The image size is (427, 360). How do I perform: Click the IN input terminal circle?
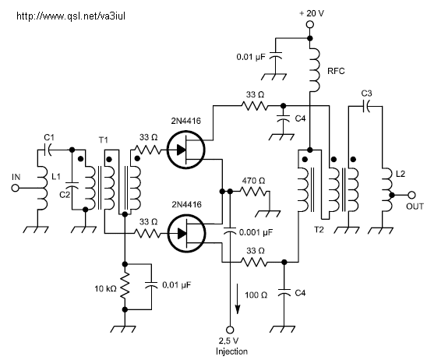[x=16, y=188]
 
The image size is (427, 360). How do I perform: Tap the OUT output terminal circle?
[x=411, y=196]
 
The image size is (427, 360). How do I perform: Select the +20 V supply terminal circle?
[x=310, y=24]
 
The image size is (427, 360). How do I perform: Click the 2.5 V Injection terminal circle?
[x=230, y=330]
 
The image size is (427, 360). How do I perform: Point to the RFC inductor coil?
[x=314, y=70]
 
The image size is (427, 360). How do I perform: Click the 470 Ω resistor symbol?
[x=254, y=192]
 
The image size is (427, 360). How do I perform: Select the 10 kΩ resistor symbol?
[x=125, y=287]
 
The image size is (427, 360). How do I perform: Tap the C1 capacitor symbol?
[x=48, y=150]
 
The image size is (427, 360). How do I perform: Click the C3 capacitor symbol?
[x=366, y=106]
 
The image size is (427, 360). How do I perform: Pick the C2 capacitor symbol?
[x=72, y=185]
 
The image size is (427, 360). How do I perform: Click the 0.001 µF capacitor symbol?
[x=230, y=231]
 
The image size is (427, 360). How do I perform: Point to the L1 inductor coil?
[x=42, y=189]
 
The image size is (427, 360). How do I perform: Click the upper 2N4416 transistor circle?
[x=186, y=150]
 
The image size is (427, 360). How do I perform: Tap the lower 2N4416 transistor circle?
[x=186, y=233]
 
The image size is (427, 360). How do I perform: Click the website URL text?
[x=71, y=16]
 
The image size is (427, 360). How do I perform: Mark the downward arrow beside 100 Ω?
[x=238, y=298]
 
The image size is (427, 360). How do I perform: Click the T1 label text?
[x=103, y=140]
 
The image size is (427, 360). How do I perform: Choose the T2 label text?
[x=319, y=230]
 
